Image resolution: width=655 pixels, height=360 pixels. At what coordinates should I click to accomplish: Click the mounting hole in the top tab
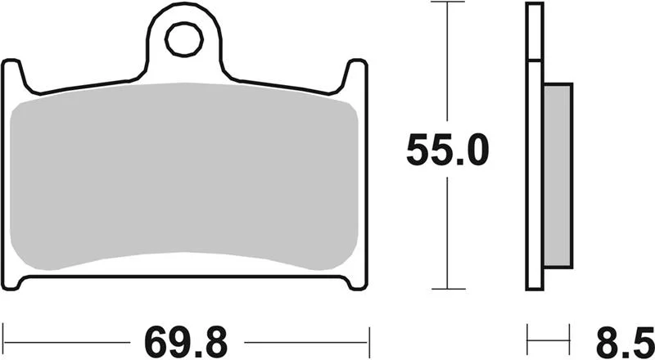click(x=184, y=39)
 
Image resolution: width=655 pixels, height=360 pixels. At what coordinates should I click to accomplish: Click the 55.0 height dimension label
click(x=447, y=150)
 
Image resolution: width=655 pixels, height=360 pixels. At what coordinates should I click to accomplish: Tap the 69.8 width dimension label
click(x=186, y=343)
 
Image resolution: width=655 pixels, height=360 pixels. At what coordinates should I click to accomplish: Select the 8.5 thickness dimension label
click(x=625, y=343)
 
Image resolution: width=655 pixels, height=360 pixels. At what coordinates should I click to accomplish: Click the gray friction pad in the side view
click(x=558, y=175)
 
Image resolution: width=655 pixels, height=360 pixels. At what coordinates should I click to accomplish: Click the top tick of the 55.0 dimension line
click(x=447, y=2)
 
